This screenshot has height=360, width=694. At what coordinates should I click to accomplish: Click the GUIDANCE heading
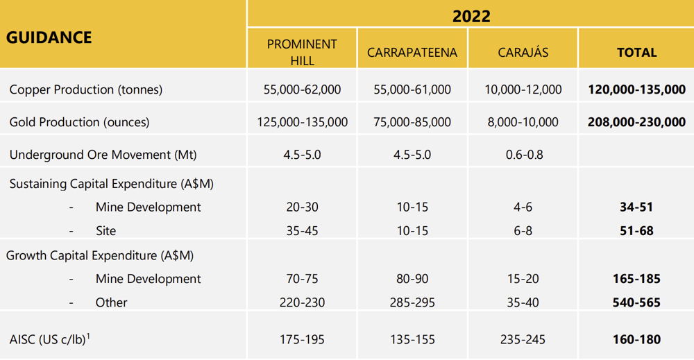49,37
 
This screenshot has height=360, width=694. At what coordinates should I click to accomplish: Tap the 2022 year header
471,17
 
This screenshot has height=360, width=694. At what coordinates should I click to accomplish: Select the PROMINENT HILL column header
302,52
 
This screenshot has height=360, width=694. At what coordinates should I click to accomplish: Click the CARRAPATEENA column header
412,52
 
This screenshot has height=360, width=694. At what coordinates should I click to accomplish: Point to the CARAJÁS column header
523,52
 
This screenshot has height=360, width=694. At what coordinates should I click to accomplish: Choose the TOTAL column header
636,53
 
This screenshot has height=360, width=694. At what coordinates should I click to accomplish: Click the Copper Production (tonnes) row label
86,89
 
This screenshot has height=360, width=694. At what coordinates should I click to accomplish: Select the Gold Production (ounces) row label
79,122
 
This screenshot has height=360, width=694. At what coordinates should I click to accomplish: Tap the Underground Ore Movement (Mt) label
103,155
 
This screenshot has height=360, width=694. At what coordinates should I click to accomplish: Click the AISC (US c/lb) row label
49,339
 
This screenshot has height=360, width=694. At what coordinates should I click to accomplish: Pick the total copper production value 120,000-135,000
636,89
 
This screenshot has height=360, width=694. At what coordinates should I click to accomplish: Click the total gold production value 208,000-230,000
636,122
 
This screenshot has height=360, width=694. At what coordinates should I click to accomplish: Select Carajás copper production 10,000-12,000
523,89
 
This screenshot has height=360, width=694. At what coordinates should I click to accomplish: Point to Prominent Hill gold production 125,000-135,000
303,122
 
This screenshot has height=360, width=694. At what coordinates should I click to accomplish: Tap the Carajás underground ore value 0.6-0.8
524,155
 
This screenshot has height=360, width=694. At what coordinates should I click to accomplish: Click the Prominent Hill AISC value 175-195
302,340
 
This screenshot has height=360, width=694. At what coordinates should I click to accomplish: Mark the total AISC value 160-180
636,340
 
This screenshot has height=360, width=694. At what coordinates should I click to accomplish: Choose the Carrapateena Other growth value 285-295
412,302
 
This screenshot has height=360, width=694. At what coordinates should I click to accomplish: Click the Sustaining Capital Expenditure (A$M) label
112,184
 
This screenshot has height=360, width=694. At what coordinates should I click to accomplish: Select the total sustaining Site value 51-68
636,231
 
